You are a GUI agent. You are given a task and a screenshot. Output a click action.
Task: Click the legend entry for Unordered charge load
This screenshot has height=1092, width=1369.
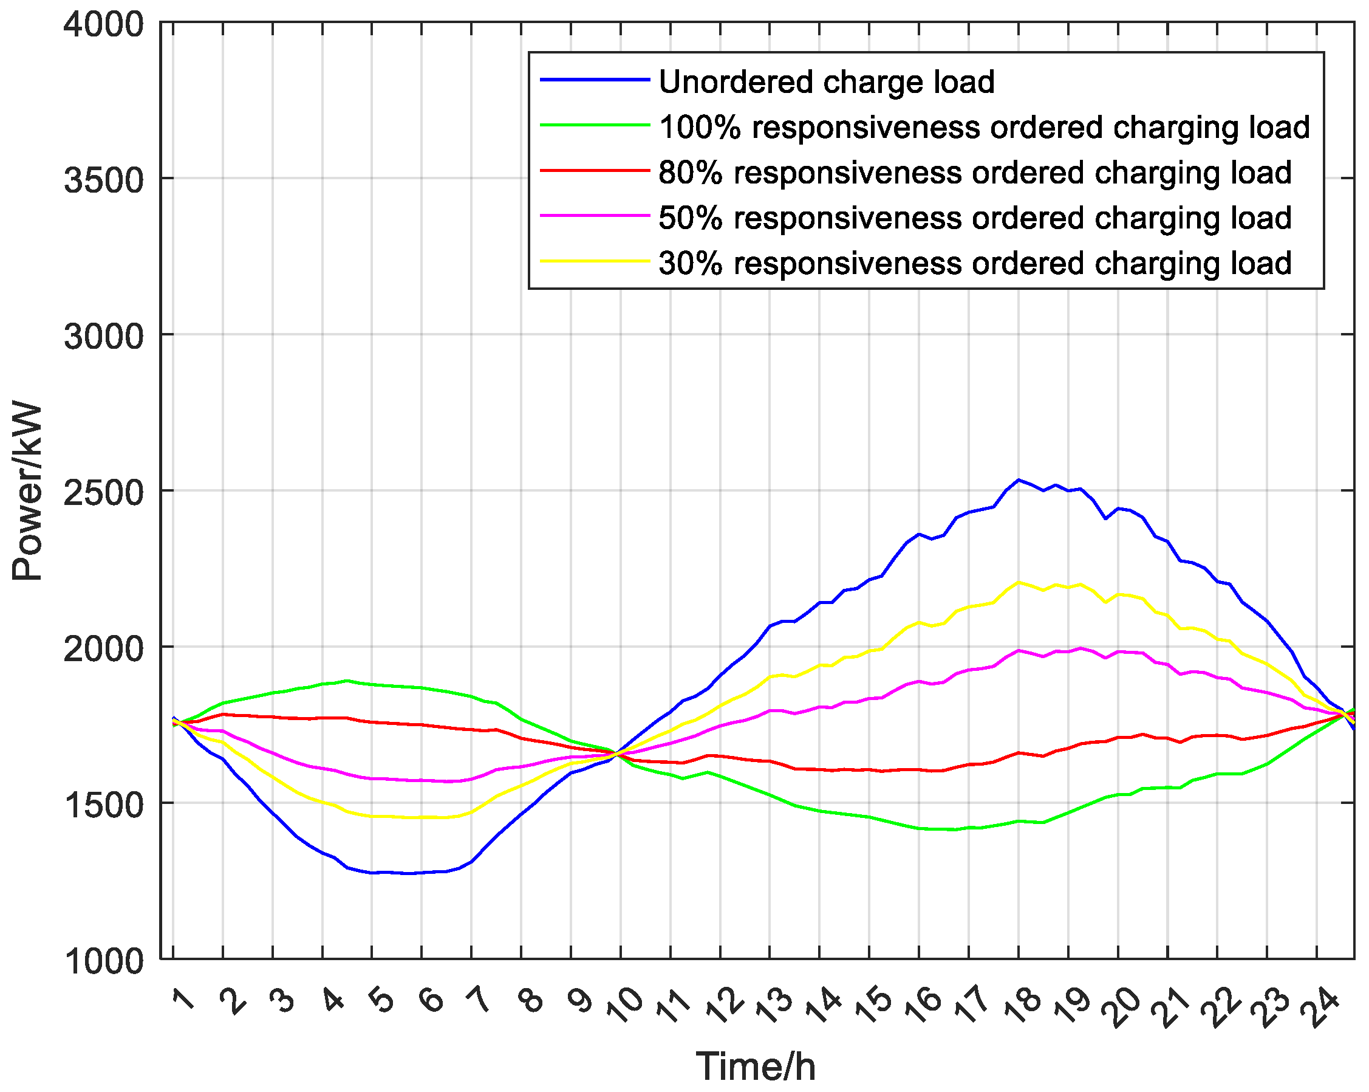(826, 82)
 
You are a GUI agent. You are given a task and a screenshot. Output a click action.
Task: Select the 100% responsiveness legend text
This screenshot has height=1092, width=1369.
(984, 127)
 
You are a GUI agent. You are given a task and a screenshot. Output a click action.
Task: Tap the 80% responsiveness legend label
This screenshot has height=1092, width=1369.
(975, 173)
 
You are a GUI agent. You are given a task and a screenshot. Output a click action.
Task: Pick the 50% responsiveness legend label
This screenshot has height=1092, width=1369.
(975, 218)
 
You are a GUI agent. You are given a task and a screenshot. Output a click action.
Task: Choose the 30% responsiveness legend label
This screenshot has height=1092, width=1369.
(975, 263)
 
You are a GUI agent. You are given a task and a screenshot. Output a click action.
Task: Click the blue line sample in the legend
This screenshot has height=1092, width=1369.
(595, 80)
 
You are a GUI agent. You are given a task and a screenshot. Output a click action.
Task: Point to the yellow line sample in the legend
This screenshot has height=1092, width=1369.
(595, 261)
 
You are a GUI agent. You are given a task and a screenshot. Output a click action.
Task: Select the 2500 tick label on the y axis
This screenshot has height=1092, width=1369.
(104, 493)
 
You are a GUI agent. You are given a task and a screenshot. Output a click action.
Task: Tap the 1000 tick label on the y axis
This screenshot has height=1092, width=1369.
(104, 961)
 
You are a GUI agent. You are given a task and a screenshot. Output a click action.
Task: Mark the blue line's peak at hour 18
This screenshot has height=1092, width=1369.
(1019, 479)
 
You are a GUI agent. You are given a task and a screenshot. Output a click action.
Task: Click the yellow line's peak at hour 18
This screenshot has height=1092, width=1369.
(1019, 582)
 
